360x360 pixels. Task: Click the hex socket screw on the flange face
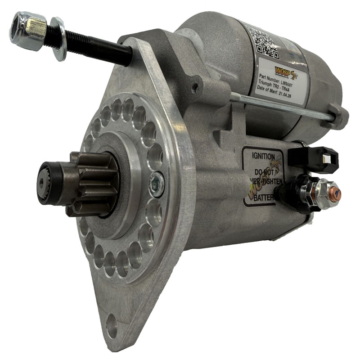coord(157,184)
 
